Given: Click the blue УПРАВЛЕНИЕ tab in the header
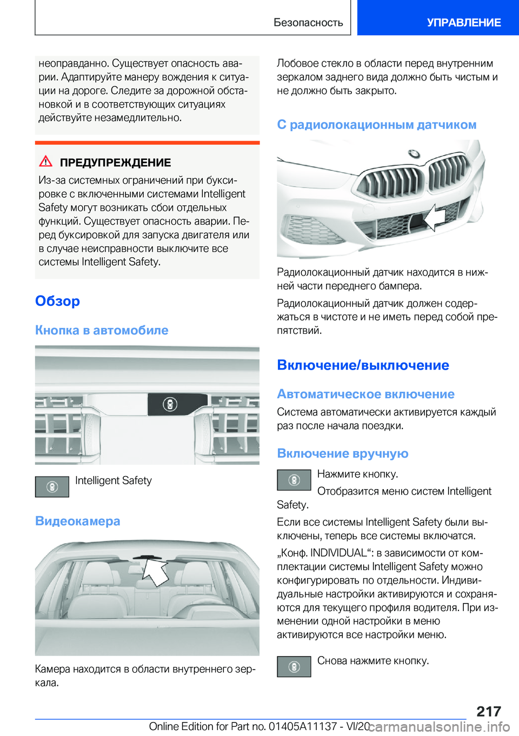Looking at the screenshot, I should [463, 22].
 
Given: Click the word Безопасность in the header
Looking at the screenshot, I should [308, 22].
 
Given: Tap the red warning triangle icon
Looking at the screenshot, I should [46, 161].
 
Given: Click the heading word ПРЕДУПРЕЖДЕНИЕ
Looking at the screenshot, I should [115, 163].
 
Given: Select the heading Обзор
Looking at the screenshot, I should [57, 301].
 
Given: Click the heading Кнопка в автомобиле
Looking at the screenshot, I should [102, 330].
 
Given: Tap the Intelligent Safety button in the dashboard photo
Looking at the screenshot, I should [170, 404].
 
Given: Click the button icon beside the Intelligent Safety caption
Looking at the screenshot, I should [52, 486].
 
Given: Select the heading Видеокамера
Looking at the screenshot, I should [78, 521].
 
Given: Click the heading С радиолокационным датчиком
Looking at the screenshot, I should [376, 125].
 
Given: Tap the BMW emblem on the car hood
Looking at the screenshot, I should [414, 154].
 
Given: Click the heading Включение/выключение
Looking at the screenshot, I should [363, 365].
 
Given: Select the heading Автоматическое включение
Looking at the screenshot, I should [365, 394].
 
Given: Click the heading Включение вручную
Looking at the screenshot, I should [342, 453].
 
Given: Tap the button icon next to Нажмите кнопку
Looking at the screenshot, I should [294, 480].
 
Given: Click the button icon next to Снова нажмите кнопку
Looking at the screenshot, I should [294, 666].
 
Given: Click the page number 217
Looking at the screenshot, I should [489, 711].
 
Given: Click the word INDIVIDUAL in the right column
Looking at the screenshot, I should [338, 553].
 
